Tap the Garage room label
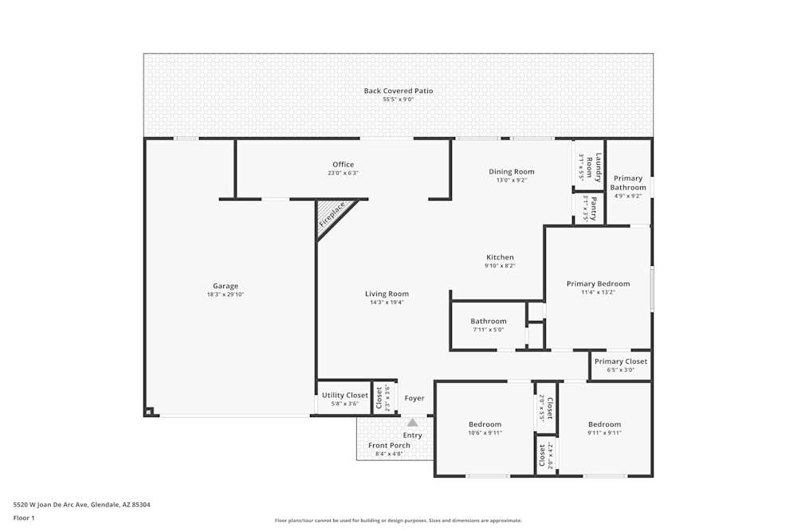(x=225, y=286)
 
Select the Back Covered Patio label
(x=398, y=91)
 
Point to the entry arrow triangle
(x=412, y=423)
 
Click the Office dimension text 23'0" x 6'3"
(x=343, y=173)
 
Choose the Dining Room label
(x=511, y=171)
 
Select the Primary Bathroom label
(x=628, y=183)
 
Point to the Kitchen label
(x=500, y=257)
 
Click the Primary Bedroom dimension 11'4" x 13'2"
(x=598, y=292)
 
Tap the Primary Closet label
(x=621, y=361)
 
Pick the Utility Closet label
(x=345, y=395)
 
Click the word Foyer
(x=414, y=398)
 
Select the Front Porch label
(x=389, y=445)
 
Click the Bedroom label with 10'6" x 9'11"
(x=485, y=424)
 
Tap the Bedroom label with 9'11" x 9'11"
(x=604, y=424)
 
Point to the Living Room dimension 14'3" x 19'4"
(x=387, y=303)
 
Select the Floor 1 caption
(x=24, y=517)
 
